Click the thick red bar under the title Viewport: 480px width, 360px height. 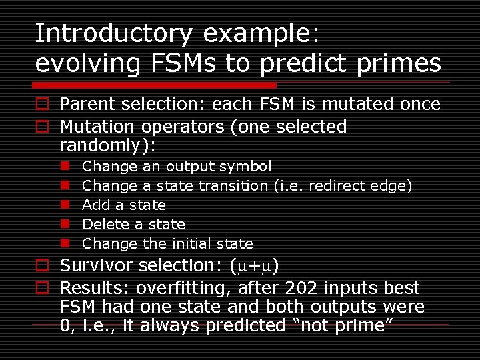tap(155, 85)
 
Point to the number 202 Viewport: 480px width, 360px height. tap(303, 289)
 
